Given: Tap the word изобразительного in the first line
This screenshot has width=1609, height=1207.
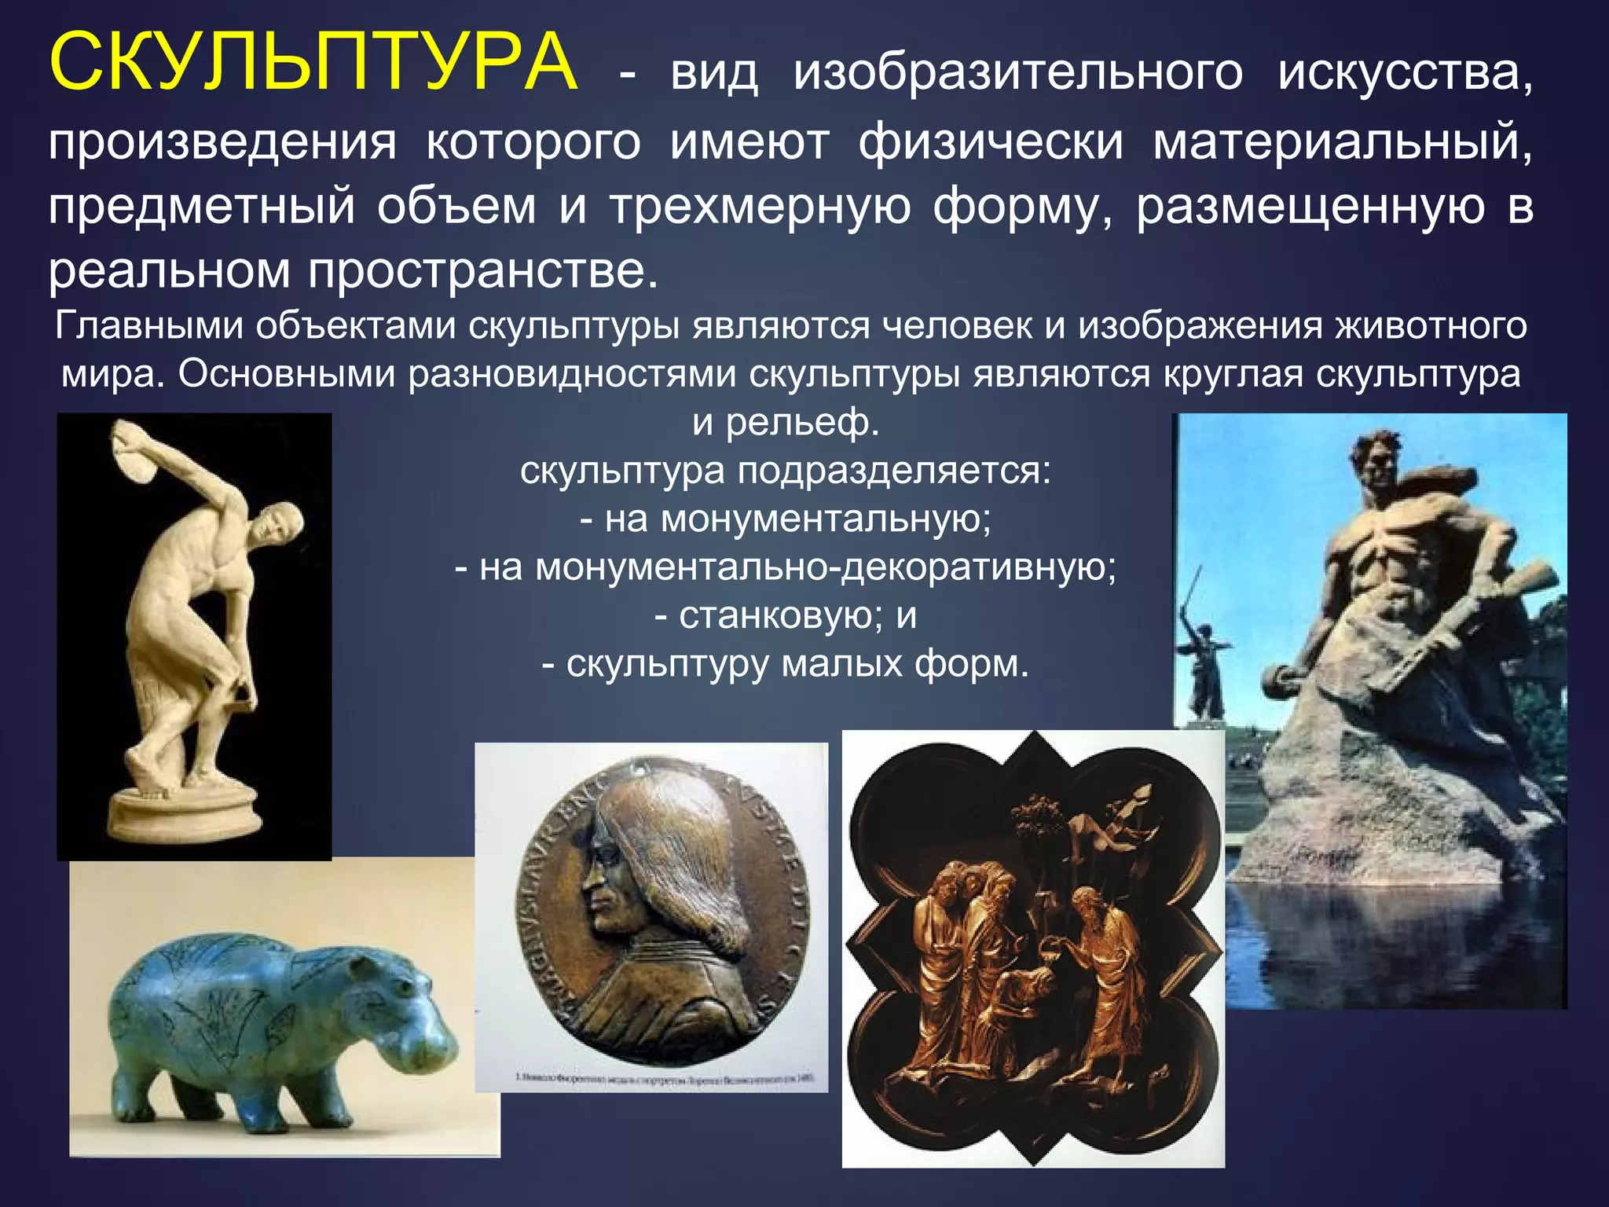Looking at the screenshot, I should pyautogui.click(x=1018, y=72).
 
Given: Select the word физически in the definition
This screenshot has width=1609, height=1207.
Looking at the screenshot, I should pyautogui.click(x=991, y=143).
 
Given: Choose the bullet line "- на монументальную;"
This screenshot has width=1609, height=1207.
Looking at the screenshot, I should pyautogui.click(x=786, y=519).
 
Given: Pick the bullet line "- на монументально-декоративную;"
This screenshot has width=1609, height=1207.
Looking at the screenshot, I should pyautogui.click(x=786, y=567).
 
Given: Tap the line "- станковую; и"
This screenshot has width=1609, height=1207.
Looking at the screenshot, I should pyautogui.click(x=786, y=615).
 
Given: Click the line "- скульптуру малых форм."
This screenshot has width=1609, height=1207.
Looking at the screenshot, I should pyautogui.click(x=786, y=664).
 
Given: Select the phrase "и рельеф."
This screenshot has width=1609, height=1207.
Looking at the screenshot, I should pyautogui.click(x=786, y=423).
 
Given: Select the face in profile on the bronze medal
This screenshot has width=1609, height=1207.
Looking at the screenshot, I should pyautogui.click(x=605, y=888).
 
